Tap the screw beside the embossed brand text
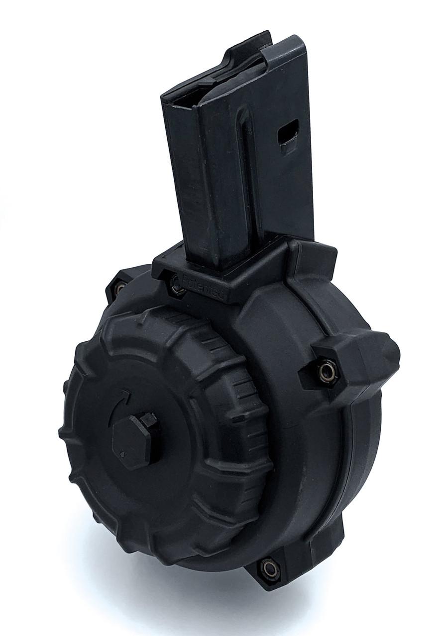176,284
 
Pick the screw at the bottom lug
269,567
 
